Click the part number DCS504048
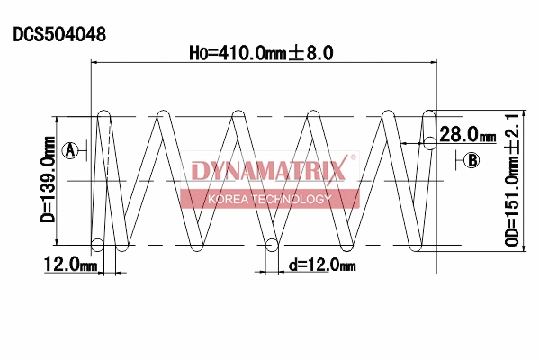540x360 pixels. point(59,35)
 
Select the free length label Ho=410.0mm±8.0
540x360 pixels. point(261,53)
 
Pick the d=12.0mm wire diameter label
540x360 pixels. point(322,265)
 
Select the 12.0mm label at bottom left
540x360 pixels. point(69,264)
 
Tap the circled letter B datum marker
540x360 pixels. point(472,160)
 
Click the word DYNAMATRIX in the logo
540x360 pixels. point(268,171)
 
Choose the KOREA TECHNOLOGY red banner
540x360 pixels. point(269,199)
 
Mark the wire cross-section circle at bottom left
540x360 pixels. point(98,244)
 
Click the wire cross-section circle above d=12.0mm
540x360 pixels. point(272,244)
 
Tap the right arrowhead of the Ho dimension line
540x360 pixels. point(433,62)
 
